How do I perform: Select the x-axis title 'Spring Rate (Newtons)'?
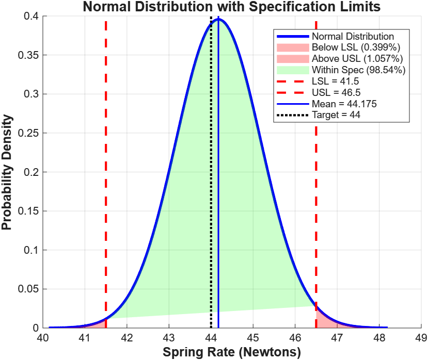click(232, 353)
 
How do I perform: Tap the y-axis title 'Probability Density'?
click(7, 172)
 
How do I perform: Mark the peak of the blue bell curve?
click(218, 19)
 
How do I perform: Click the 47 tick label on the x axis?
click(337, 338)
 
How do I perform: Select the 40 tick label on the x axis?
click(42, 338)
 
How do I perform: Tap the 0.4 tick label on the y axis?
click(31, 17)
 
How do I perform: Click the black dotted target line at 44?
click(211, 206)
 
